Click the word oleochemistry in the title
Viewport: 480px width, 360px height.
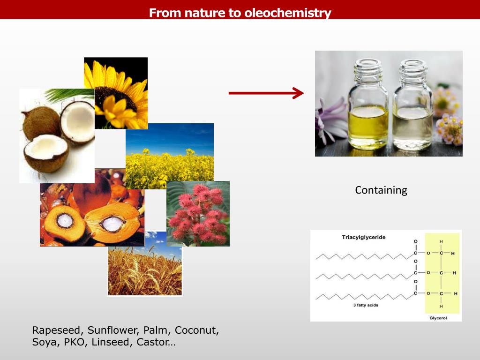[287, 13]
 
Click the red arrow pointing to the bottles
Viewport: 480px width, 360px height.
[266, 93]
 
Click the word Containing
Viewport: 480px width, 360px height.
[381, 190]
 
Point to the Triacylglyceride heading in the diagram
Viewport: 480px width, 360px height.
[363, 237]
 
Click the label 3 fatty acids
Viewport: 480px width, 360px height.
[366, 305]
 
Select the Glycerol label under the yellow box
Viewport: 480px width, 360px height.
[438, 318]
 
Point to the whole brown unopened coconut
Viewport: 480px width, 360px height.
[41, 123]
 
